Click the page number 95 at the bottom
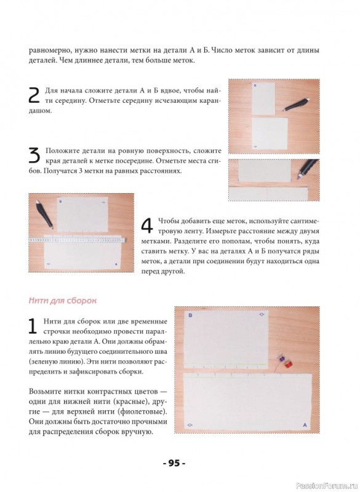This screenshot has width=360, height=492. [x=174, y=463]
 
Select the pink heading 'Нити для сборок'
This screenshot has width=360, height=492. [x=62, y=301]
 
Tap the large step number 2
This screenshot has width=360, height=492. [x=34, y=95]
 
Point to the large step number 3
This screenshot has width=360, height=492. [x=34, y=156]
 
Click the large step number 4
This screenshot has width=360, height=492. [x=147, y=225]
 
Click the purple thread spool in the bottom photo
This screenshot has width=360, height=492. [x=281, y=358]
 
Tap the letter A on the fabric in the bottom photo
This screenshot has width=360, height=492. [x=305, y=425]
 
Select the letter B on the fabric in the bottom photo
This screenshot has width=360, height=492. [x=190, y=315]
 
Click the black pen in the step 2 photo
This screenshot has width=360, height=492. [x=296, y=104]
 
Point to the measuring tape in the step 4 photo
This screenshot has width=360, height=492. [x=78, y=240]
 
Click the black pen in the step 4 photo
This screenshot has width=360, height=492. [x=44, y=213]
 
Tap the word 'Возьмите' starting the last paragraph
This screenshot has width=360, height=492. [x=44, y=392]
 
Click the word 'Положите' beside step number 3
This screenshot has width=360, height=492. [x=62, y=151]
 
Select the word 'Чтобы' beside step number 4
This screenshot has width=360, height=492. [x=168, y=221]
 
